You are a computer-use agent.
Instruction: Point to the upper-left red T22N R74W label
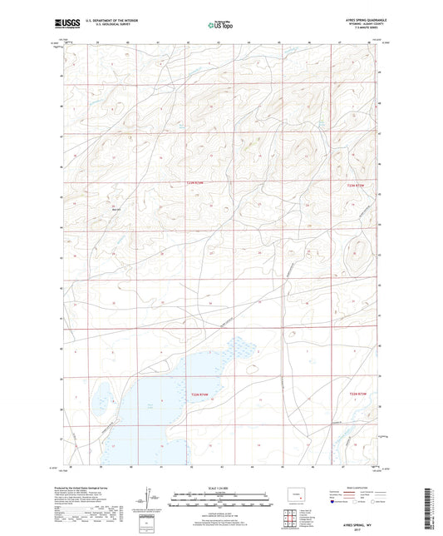click(193, 183)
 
